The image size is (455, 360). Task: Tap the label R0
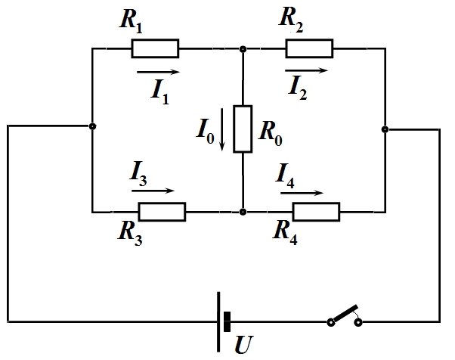[271, 134]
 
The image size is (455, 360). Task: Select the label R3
[130, 234]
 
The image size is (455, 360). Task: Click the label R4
[285, 233]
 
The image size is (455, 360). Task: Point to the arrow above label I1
[159, 72]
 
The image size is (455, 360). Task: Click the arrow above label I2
[306, 70]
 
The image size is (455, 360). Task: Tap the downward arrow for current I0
[222, 129]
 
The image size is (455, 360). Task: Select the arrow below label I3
[153, 191]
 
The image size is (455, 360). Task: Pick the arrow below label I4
[302, 193]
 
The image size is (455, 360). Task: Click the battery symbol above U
[223, 321]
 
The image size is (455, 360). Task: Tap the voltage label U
[243, 345]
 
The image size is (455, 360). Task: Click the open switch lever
[345, 314]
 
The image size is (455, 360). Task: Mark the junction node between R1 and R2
[243, 49]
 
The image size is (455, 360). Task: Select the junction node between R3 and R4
[243, 212]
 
